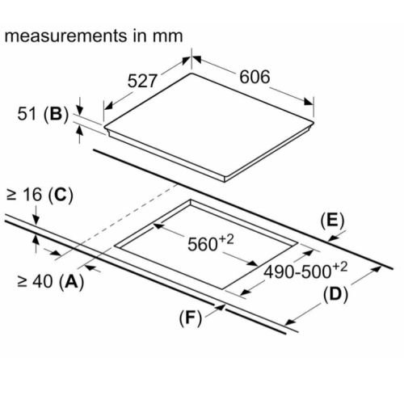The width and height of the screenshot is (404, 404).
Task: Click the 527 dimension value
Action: tap(142, 81)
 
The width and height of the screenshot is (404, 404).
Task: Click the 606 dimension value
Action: tap(255, 77)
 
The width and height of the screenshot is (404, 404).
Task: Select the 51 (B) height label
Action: tap(43, 114)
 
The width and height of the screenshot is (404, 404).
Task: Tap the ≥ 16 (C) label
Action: tap(40, 195)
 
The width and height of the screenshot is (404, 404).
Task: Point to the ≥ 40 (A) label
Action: tap(51, 282)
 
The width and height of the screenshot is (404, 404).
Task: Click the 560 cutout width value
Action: tap(211, 243)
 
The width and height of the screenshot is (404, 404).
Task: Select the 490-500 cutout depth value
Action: tap(305, 271)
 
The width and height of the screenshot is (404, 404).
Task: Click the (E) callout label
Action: tap(332, 221)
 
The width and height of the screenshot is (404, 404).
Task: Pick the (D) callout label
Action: tap(335, 294)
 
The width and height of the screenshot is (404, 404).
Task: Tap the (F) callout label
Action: tap(191, 318)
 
